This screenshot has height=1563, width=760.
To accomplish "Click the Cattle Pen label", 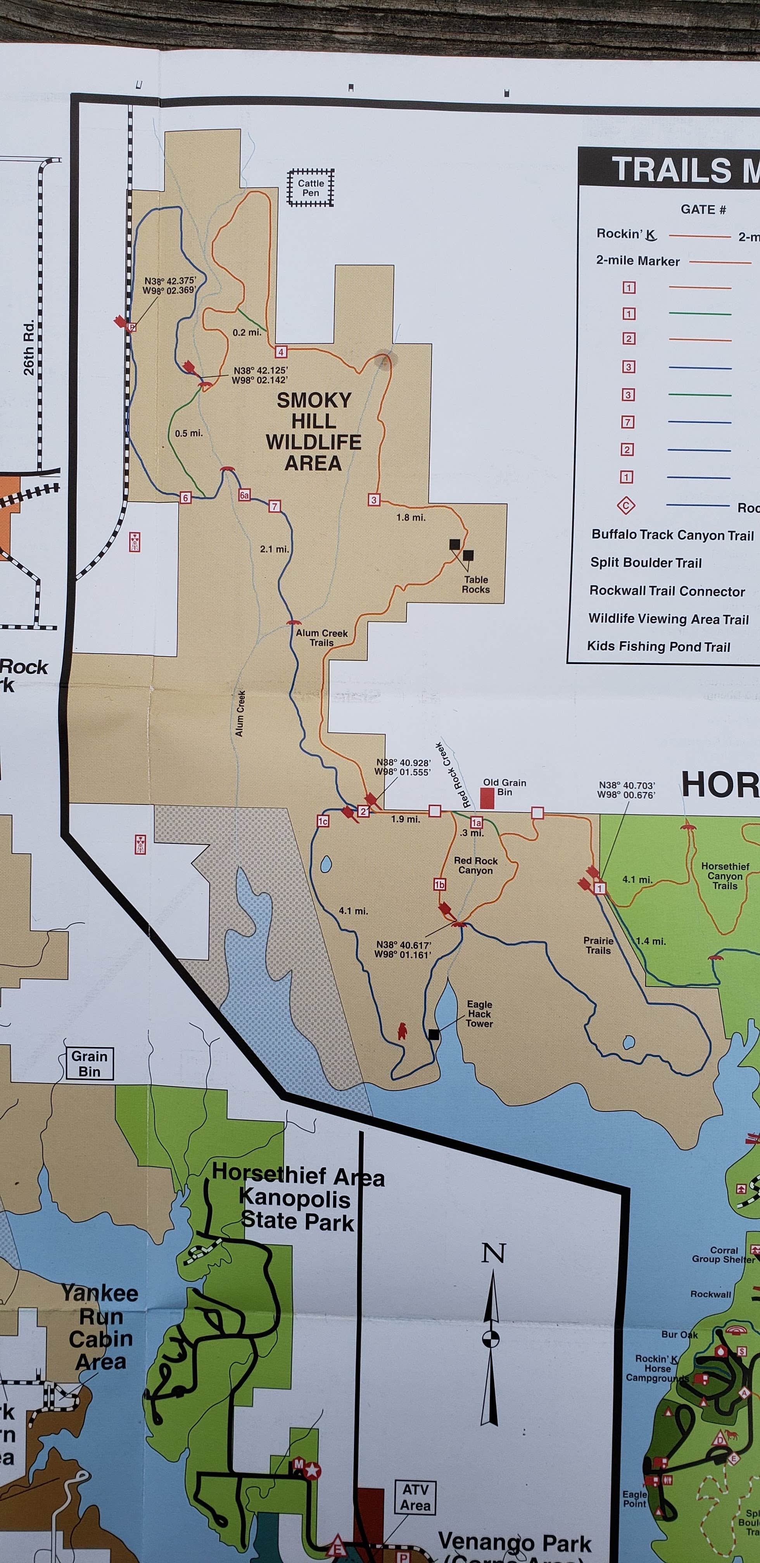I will tap(310, 188).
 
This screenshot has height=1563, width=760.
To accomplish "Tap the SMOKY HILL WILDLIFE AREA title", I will tap(313, 431).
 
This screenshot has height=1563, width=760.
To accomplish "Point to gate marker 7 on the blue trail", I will tap(275, 506).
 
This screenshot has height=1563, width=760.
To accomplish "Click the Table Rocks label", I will tap(476, 584).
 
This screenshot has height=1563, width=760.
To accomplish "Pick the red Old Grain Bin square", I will tap(487, 798).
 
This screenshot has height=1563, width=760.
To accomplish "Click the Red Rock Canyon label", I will tap(475, 865).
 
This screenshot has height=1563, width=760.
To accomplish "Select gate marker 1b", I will tap(439, 885).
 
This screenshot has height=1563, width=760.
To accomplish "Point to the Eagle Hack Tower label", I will tap(479, 1014).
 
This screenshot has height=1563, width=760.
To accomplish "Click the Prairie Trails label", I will tap(598, 945).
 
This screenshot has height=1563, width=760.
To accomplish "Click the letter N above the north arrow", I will tap(493, 1253).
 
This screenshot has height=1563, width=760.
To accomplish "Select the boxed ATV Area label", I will tap(415, 1497).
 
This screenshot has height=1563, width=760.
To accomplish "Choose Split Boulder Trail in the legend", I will tap(646, 562).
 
